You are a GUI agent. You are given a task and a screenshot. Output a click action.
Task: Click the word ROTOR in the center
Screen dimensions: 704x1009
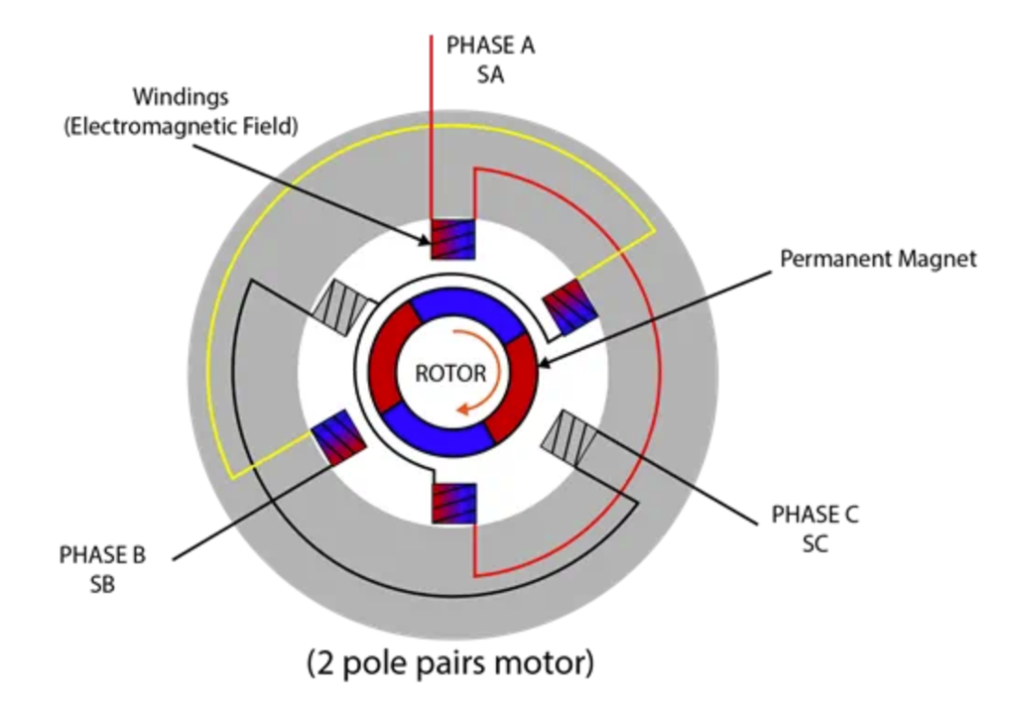(x=450, y=374)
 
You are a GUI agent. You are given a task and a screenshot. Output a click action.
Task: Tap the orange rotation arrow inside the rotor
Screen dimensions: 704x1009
(x=496, y=373)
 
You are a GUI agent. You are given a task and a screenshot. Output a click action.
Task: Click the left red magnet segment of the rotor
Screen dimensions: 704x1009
(x=384, y=359)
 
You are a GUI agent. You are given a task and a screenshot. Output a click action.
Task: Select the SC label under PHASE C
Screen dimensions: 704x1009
(x=815, y=543)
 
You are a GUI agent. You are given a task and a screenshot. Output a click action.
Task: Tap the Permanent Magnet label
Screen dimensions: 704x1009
(x=877, y=259)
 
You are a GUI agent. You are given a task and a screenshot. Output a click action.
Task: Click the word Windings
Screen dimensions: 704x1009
(x=179, y=96)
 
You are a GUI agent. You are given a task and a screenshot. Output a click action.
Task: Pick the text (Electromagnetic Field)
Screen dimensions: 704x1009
(x=180, y=127)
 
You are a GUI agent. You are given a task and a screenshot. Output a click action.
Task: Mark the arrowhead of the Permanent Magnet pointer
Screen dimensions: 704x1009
(x=539, y=367)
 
